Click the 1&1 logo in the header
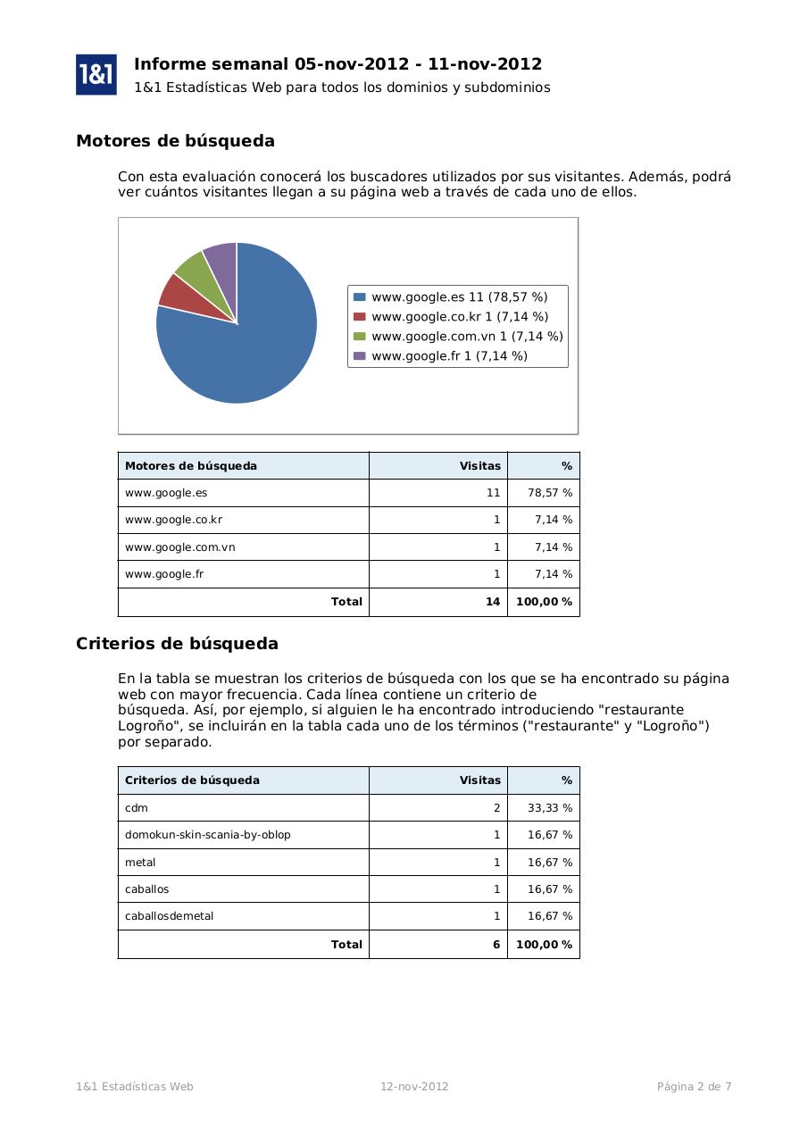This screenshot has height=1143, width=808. [x=96, y=74]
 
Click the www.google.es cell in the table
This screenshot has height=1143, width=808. [x=166, y=493]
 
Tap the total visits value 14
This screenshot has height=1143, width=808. [x=492, y=602]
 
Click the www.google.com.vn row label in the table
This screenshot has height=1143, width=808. [x=179, y=547]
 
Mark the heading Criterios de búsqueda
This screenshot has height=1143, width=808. [x=177, y=644]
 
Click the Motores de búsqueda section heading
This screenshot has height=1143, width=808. [x=175, y=141]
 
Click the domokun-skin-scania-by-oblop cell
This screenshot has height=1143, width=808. [x=207, y=835]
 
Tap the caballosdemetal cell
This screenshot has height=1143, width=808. [x=169, y=916]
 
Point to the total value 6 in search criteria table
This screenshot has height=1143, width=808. [x=496, y=944]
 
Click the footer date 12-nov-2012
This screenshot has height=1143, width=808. [x=414, y=1087]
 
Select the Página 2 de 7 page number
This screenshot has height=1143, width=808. [x=694, y=1087]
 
